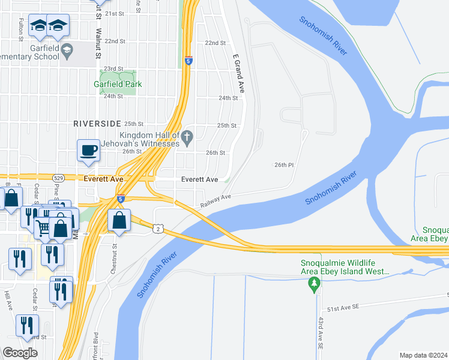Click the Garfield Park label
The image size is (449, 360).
pos(118,84)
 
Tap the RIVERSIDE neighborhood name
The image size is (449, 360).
pos(97,123)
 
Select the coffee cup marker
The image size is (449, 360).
pos(88,151)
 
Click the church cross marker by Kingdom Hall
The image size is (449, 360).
pos(187,137)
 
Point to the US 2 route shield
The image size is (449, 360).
pos(157,229)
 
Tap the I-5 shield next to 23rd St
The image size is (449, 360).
pos(188,61)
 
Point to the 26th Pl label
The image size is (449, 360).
pos(285,164)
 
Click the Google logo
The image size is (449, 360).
pos(20,353)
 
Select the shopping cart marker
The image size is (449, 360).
pos(43,227)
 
